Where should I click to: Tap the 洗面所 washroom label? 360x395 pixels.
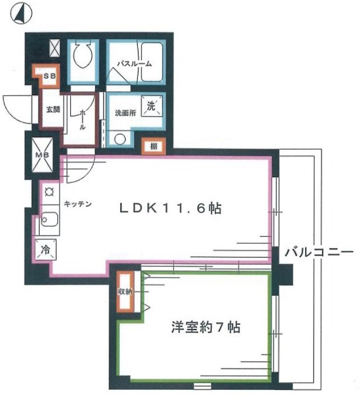[125, 113]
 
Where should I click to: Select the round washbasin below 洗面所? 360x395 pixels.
[120, 139]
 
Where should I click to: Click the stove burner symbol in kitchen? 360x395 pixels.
[49, 190]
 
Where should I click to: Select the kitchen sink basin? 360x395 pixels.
[49, 221]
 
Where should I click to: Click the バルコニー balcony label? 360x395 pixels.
[319, 252]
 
